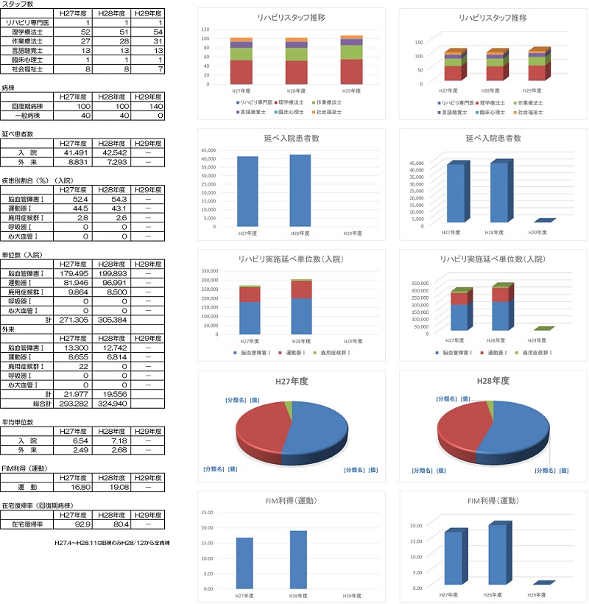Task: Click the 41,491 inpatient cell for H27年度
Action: tap(75, 152)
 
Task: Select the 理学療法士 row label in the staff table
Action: tap(27, 32)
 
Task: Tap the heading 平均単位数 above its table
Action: tap(16, 422)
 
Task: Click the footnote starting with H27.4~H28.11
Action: tap(113, 542)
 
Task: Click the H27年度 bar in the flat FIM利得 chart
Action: tap(244, 563)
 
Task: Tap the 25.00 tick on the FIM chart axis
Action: tap(207, 512)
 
